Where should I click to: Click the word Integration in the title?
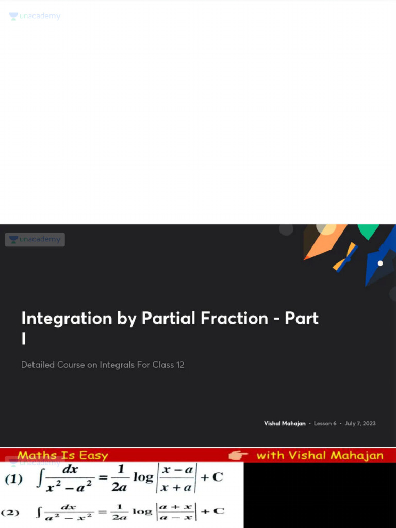click(x=67, y=319)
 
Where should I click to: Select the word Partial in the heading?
click(x=169, y=319)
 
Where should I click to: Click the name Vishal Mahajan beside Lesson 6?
click(x=285, y=423)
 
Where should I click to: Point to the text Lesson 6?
click(x=325, y=423)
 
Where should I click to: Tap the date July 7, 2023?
click(x=360, y=423)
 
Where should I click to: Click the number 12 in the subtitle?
click(x=179, y=365)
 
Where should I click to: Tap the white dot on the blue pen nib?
click(x=380, y=263)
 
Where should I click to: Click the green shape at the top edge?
click(x=368, y=231)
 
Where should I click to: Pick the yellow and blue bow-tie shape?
click(x=345, y=257)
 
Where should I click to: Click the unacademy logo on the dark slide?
click(x=35, y=239)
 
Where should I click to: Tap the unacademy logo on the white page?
click(x=35, y=16)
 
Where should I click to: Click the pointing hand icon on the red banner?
click(x=238, y=455)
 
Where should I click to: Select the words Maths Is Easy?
click(x=62, y=455)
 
